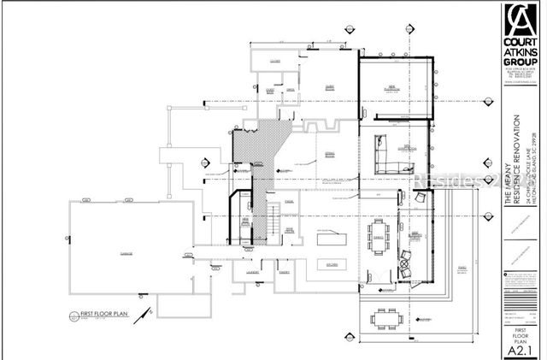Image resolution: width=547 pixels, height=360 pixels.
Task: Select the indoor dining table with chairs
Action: [x=378, y=241]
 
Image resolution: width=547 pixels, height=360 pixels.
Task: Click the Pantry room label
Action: [x=285, y=273]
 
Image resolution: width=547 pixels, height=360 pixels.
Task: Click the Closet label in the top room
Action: [x=275, y=62]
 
